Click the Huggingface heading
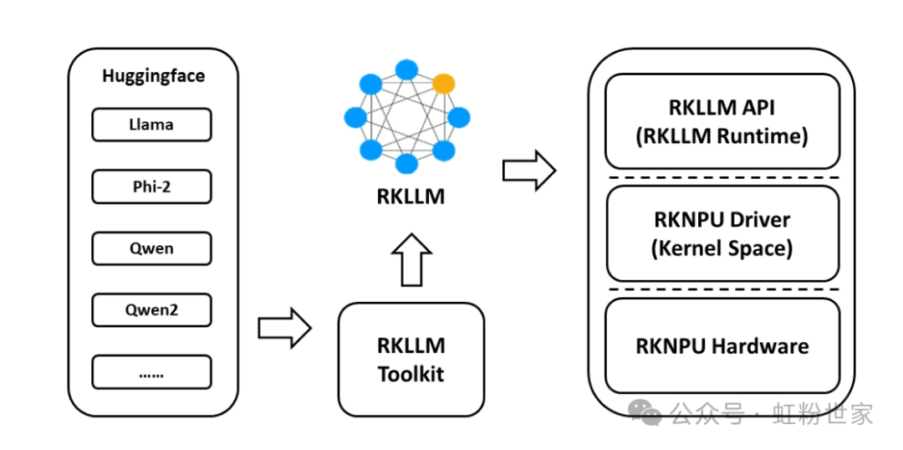tap(153, 76)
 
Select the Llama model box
tap(151, 125)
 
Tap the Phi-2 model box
tap(151, 187)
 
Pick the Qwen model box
tap(151, 248)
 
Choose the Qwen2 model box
tap(151, 310)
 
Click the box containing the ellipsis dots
tap(151, 372)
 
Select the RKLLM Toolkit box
tap(411, 360)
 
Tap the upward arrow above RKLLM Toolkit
tap(411, 260)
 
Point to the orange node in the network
tap(444, 84)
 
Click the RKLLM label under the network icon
tap(411, 197)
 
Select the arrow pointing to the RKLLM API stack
tap(528, 171)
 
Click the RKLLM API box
tap(722, 122)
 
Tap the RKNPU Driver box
tap(722, 233)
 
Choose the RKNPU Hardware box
tap(722, 345)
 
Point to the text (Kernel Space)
tap(722, 248)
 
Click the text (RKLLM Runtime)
tap(722, 136)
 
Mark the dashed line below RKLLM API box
tap(722, 177)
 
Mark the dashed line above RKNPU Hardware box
tap(722, 289)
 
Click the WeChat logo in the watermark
tap(645, 412)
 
